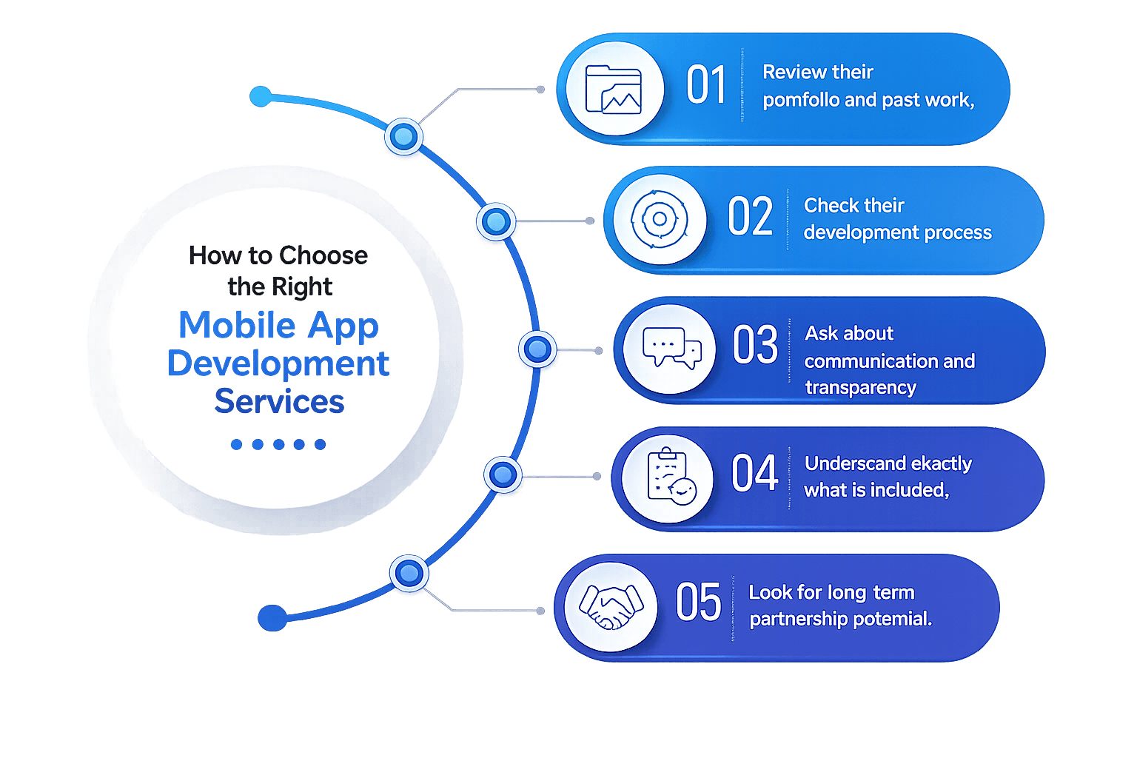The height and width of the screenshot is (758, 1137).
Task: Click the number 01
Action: point(705,85)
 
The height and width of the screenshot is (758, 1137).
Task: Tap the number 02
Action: point(750,217)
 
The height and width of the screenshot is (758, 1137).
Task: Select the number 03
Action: point(755,345)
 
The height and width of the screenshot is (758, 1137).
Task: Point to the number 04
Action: point(754,473)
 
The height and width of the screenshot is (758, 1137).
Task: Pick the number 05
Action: point(698,602)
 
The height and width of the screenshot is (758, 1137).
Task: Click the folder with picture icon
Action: point(613,90)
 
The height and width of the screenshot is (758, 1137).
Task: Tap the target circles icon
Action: point(660,219)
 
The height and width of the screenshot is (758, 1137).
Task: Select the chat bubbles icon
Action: point(671,348)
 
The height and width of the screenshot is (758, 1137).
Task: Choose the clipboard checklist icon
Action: point(671,477)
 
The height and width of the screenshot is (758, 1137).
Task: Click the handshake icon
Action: point(611,607)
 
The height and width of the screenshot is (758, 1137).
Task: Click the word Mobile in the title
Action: point(238,325)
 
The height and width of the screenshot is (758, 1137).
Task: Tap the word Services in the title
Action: point(279,402)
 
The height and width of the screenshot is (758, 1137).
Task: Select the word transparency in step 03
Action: point(860,387)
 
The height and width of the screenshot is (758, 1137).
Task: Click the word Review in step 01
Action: point(792,72)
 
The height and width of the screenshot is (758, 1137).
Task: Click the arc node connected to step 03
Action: point(537,349)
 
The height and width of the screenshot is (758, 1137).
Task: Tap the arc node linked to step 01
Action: point(403,136)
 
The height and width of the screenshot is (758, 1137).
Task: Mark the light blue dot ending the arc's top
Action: point(261,96)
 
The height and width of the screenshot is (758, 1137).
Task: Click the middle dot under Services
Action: point(278,444)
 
